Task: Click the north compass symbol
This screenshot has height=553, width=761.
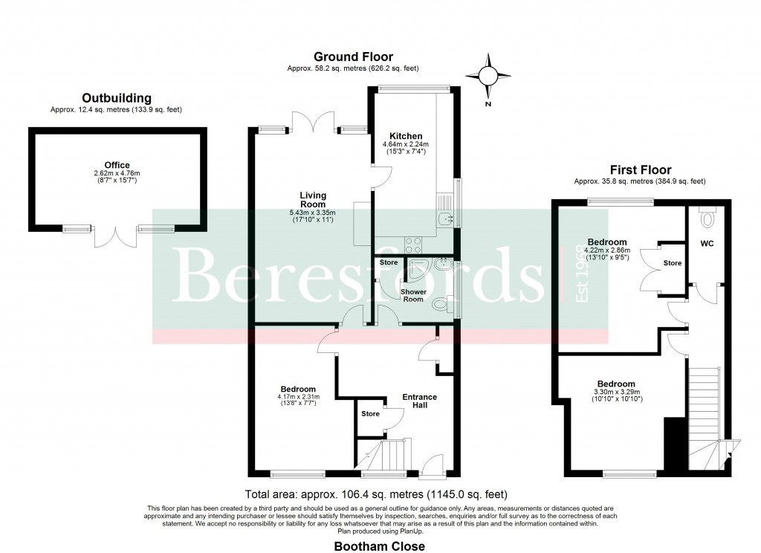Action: pyautogui.click(x=488, y=76)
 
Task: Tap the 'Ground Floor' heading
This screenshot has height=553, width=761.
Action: pyautogui.click(x=353, y=56)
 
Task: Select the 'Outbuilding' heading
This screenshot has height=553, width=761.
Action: pyautogui.click(x=117, y=97)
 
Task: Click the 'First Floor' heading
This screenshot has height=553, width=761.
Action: pyautogui.click(x=640, y=169)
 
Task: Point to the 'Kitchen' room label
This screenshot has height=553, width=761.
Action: pyautogui.click(x=407, y=136)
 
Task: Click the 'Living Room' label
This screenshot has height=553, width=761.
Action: pyautogui.click(x=313, y=200)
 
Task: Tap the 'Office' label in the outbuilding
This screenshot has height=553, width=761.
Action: pyautogui.click(x=117, y=165)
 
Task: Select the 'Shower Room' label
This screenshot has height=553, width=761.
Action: pyautogui.click(x=413, y=294)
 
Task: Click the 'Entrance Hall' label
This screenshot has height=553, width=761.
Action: pyautogui.click(x=419, y=401)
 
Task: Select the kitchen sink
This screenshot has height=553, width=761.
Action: pyautogui.click(x=445, y=218)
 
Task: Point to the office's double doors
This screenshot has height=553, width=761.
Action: pyautogui.click(x=115, y=236)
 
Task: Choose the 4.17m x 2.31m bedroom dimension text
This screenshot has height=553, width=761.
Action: pyautogui.click(x=298, y=400)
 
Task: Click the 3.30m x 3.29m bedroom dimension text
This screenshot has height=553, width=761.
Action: pyautogui.click(x=618, y=395)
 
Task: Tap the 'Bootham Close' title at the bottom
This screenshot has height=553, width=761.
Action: pyautogui.click(x=380, y=546)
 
